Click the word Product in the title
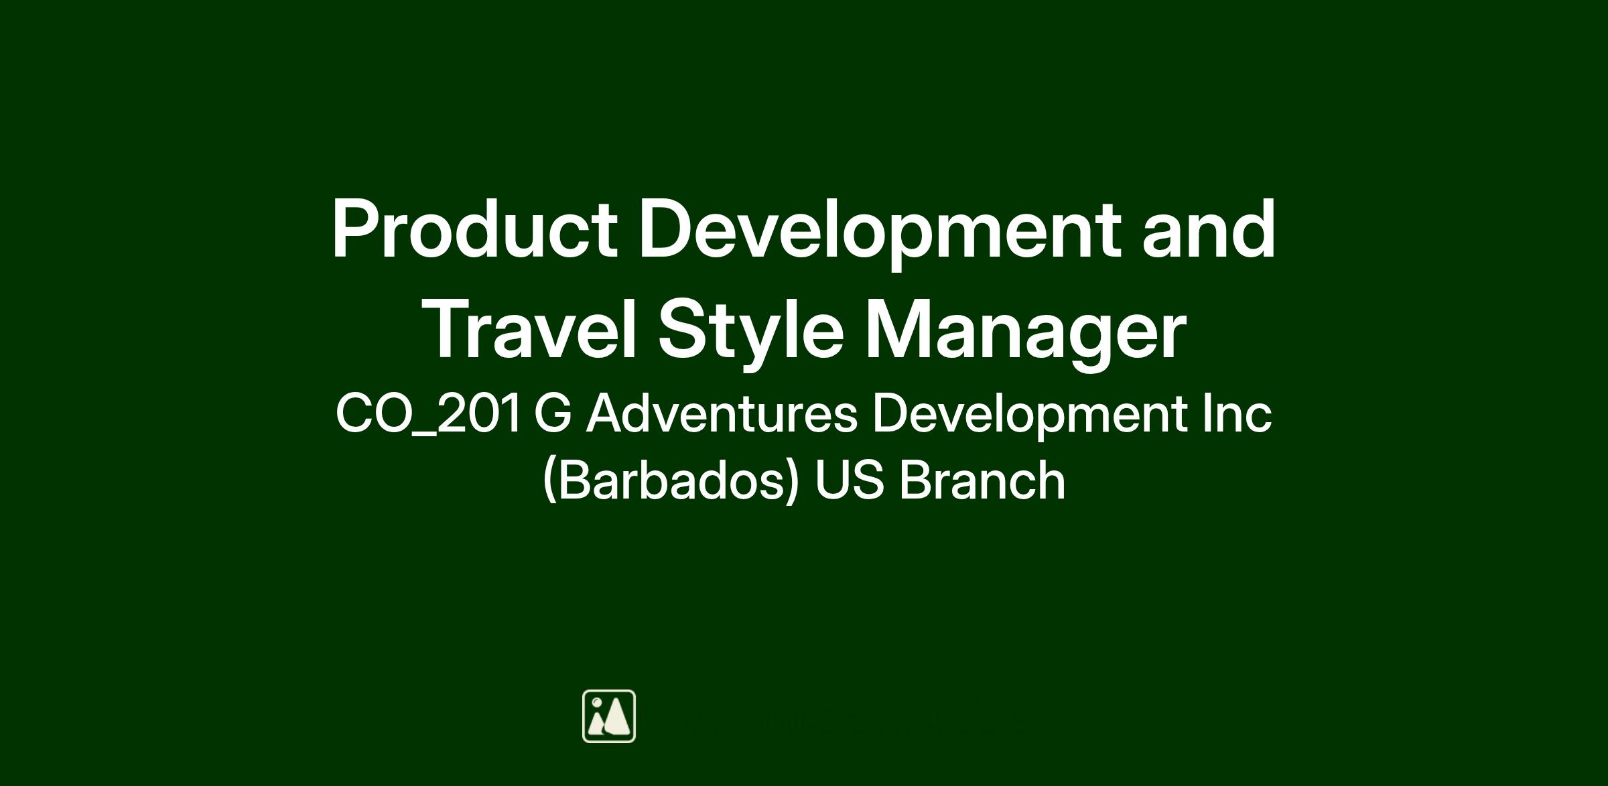tap(474, 228)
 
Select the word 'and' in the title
tap(1209, 228)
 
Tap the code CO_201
tap(428, 413)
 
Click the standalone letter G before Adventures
tap(553, 413)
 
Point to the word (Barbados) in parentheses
tap(671, 480)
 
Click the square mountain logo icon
tap(609, 716)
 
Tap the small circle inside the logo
tap(596, 702)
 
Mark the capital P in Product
tap(356, 228)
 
